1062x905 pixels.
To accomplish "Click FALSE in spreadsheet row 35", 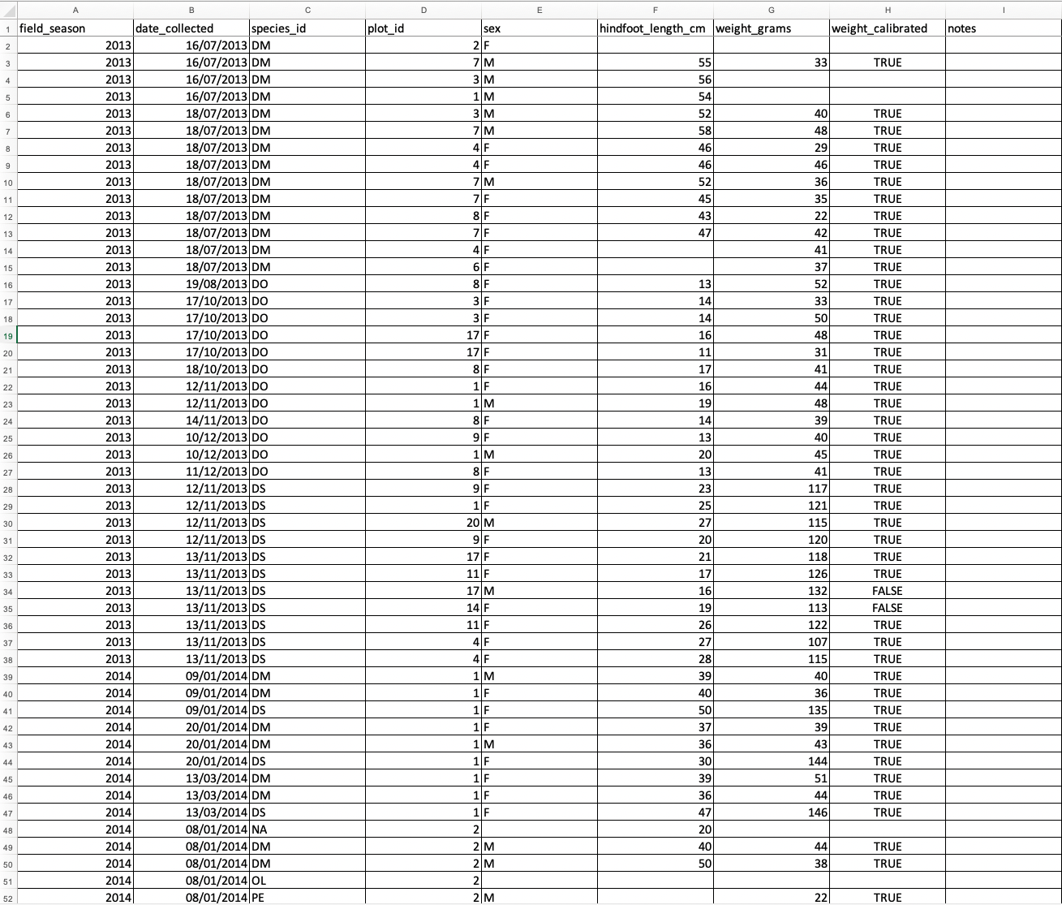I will point(888,608).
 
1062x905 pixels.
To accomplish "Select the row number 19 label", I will point(8,335).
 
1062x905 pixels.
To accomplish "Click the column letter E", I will point(540,10).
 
